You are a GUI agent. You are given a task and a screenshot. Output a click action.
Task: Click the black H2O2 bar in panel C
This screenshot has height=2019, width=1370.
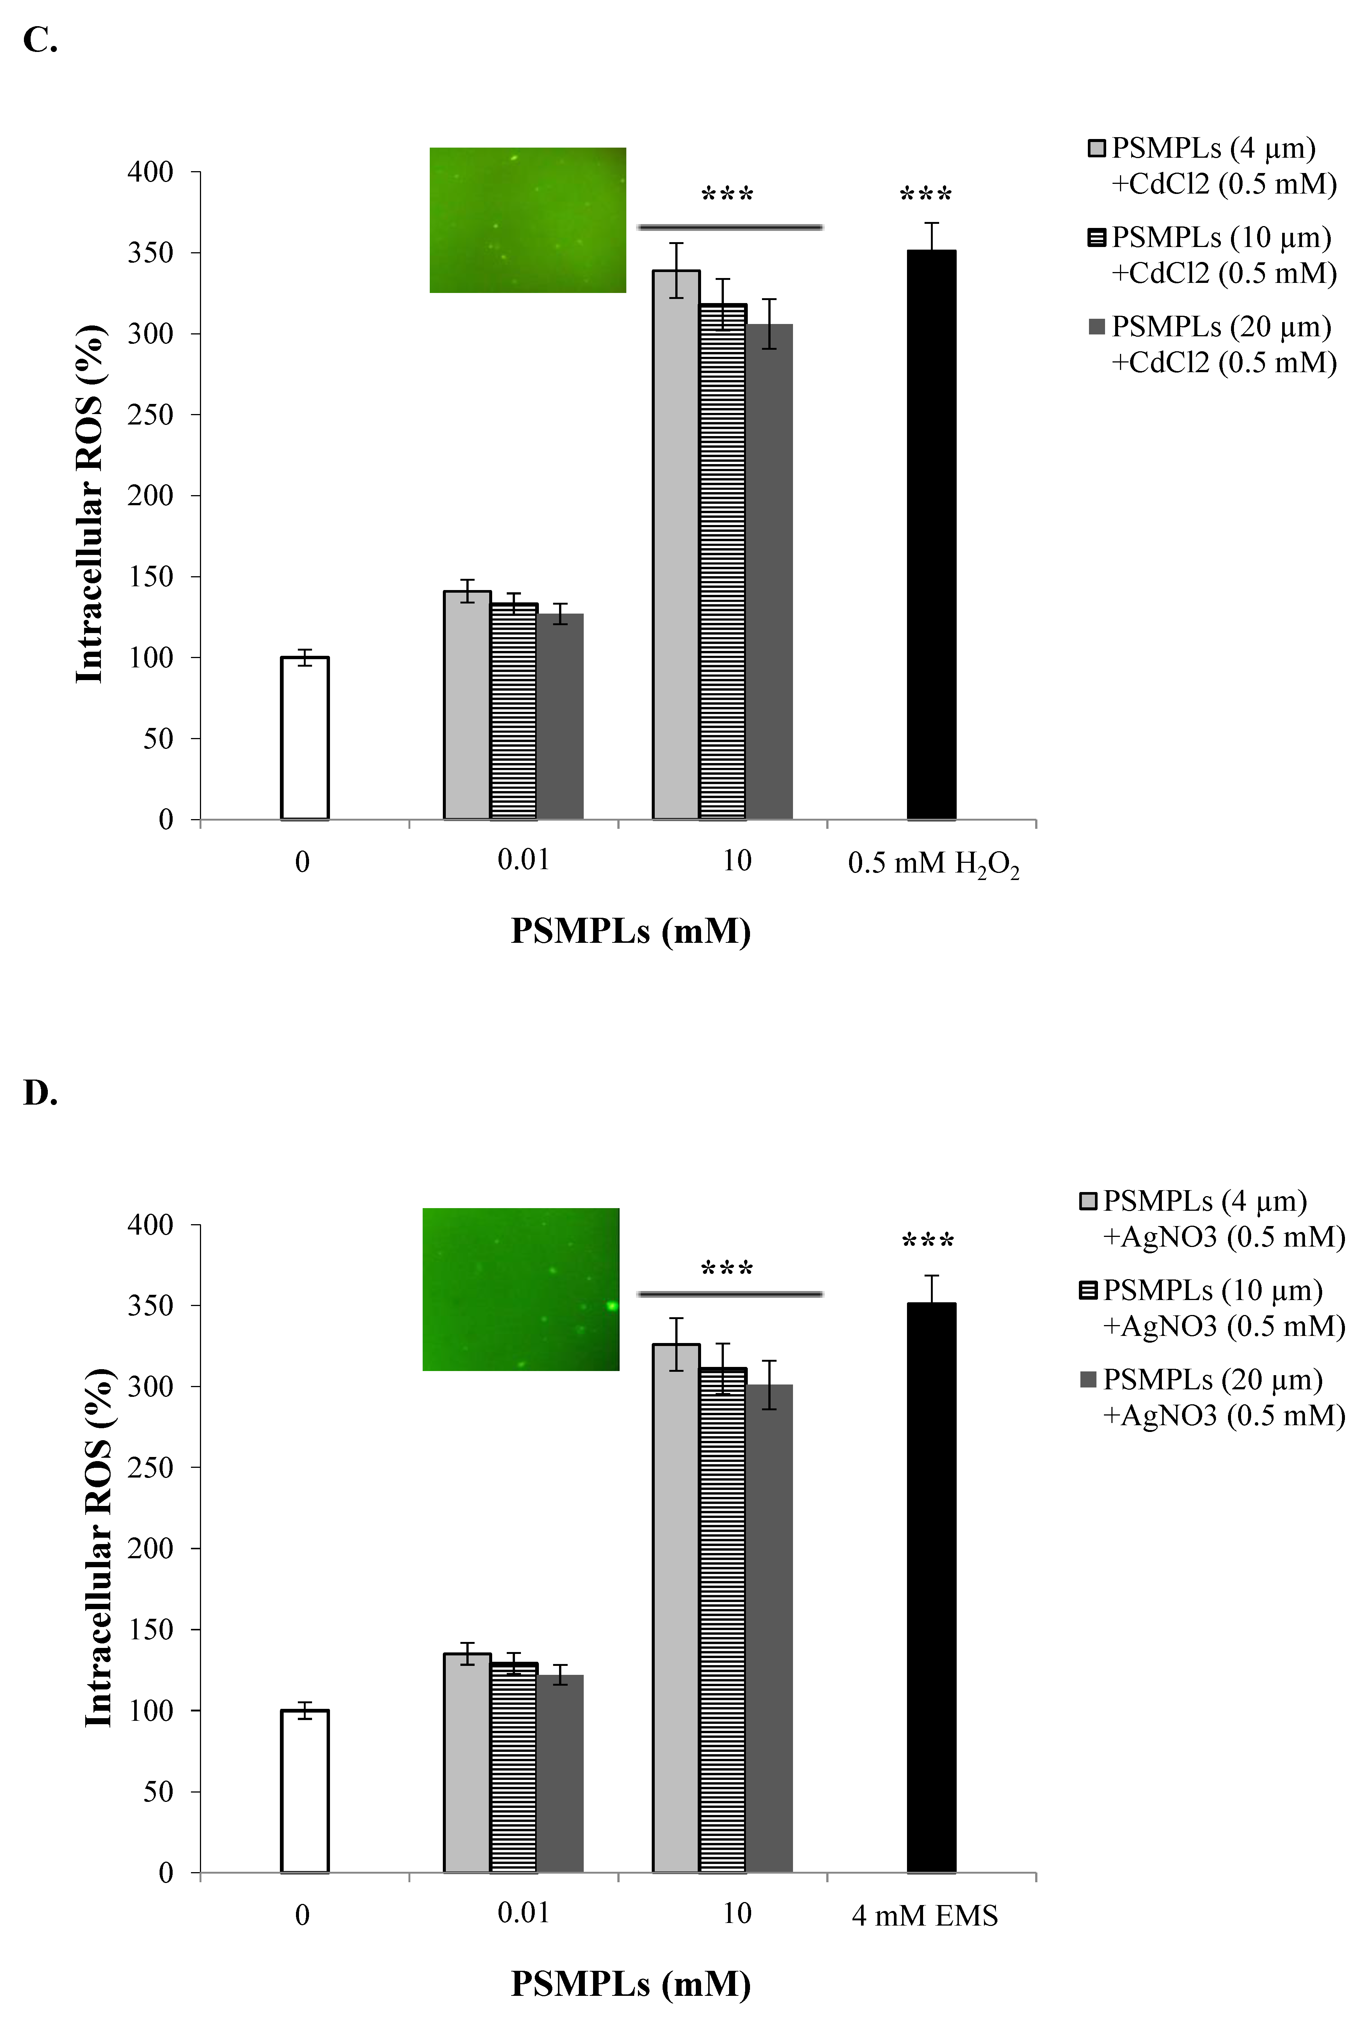tap(931, 534)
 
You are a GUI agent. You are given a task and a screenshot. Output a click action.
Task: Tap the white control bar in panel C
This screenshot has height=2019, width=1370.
tap(304, 738)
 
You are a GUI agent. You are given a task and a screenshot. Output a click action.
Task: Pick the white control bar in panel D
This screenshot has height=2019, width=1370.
tap(304, 1791)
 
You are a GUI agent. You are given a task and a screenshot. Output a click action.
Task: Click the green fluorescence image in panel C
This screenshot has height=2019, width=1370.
tap(527, 220)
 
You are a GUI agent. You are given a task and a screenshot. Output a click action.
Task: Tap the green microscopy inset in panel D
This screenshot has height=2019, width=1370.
tap(520, 1289)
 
